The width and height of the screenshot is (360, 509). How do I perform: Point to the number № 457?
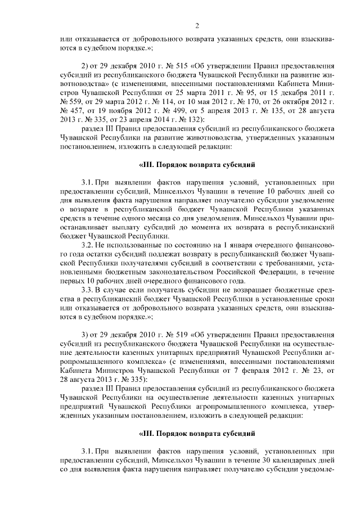pos(70,112)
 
